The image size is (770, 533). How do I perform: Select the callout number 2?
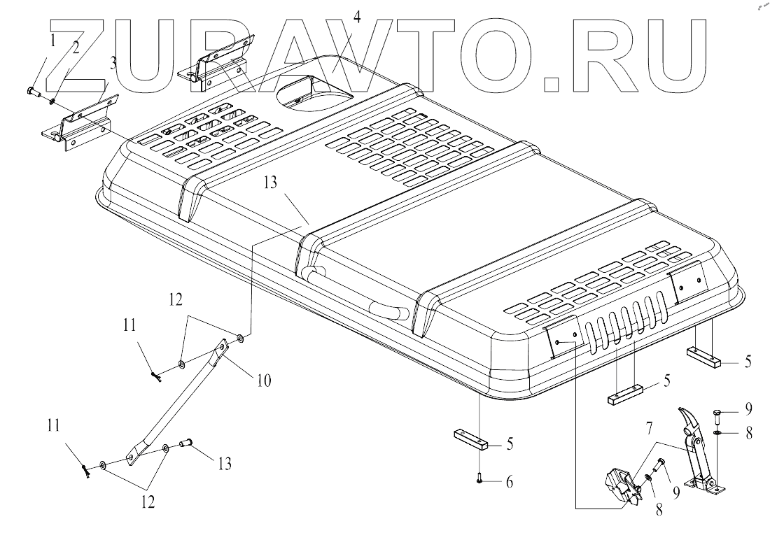pos(73,49)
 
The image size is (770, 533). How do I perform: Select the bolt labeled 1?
pos(33,92)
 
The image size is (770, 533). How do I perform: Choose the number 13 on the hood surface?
pos(271,184)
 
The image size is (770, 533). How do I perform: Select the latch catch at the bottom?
pos(622,486)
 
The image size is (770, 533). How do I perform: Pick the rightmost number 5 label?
pos(748,362)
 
